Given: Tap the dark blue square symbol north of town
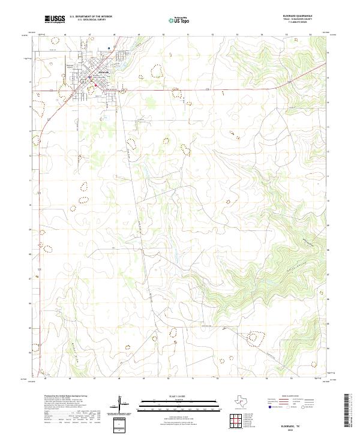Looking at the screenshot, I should [109, 47].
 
